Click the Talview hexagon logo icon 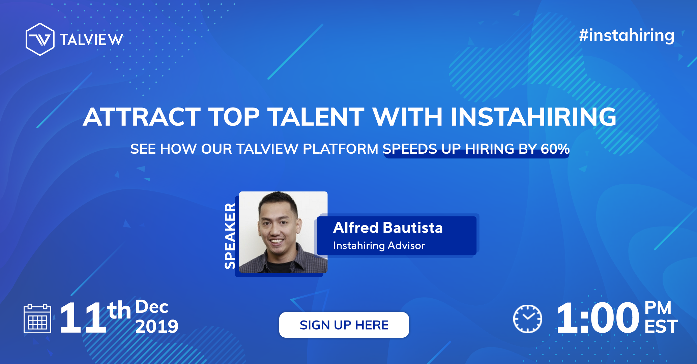tap(40, 39)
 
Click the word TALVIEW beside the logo tap(91, 40)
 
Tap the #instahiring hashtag tap(627, 36)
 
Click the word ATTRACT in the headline tap(142, 117)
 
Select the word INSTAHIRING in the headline tap(533, 117)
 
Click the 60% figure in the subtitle tap(555, 149)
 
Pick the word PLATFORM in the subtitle tap(340, 149)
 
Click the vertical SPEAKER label tap(230, 236)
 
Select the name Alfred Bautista tap(388, 228)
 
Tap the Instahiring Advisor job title tap(379, 246)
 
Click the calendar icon tap(37, 319)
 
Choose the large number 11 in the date tap(83, 318)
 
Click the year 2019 tap(156, 327)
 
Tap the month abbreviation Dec tap(151, 307)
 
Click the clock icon tap(527, 319)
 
